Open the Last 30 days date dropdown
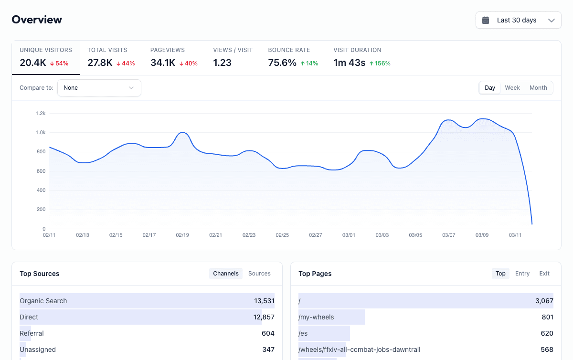[518, 20]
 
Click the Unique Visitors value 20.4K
[33, 63]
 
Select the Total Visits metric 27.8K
[100, 63]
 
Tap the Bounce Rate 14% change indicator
[309, 63]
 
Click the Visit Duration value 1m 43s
[349, 63]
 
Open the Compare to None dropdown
[99, 88]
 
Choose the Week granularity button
[512, 88]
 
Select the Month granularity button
[538, 88]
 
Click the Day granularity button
[490, 88]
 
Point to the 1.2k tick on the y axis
[41, 113]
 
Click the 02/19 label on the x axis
[182, 235]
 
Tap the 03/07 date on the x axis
[448, 235]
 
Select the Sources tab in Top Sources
[259, 274]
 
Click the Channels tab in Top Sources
[226, 274]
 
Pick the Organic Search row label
[43, 301]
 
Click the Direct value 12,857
[264, 317]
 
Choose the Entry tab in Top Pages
[522, 274]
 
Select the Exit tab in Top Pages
[544, 274]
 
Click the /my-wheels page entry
[316, 317]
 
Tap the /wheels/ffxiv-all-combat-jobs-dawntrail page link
[359, 349]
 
